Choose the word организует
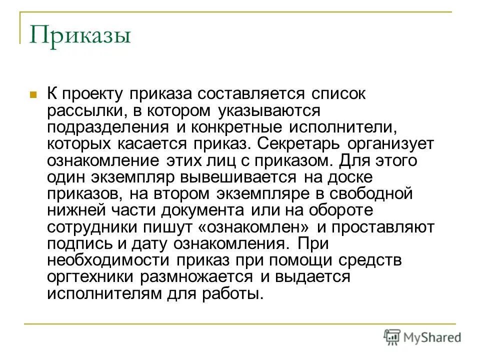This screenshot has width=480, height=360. [388, 144]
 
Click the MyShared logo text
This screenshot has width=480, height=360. [432, 337]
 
